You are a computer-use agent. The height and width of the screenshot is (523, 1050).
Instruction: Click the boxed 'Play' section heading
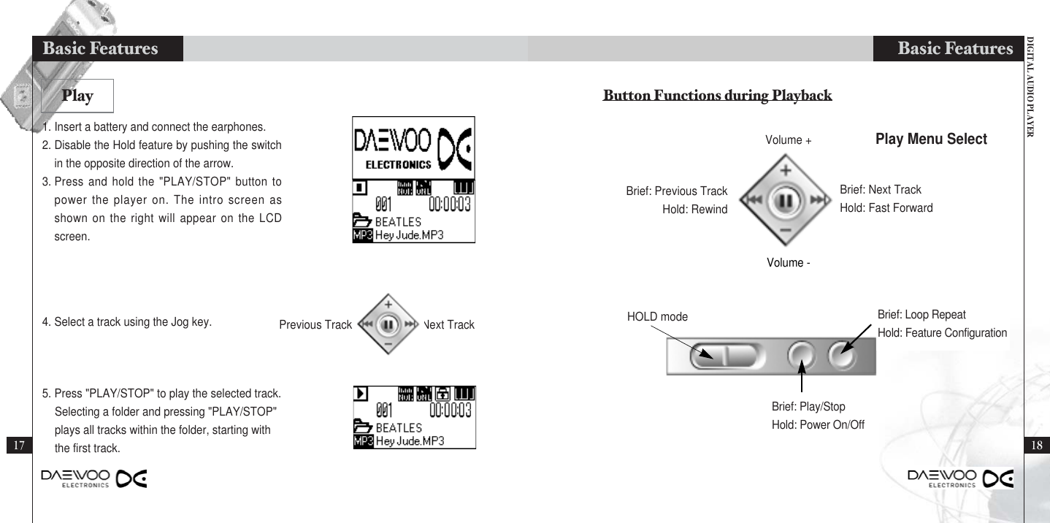(x=77, y=95)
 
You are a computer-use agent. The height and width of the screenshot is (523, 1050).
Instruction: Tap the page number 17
(x=18, y=445)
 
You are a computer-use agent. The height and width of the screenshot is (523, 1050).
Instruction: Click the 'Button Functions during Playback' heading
(x=717, y=96)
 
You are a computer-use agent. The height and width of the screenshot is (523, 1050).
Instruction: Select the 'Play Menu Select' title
(x=931, y=139)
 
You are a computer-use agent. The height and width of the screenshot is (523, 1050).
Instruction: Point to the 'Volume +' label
(x=789, y=140)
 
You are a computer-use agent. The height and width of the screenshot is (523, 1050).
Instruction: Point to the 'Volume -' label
(x=789, y=262)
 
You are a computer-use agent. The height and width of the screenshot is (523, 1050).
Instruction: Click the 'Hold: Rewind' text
(x=700, y=208)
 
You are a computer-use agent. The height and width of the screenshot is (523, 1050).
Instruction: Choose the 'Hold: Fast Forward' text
(x=886, y=208)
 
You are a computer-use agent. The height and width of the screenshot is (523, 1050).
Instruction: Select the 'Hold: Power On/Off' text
(x=818, y=424)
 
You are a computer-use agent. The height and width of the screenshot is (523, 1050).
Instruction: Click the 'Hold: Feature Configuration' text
(x=942, y=333)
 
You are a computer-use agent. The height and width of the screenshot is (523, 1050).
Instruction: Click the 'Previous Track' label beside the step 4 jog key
(x=315, y=325)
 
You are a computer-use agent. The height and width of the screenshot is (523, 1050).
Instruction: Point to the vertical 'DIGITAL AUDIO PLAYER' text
(x=1030, y=87)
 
